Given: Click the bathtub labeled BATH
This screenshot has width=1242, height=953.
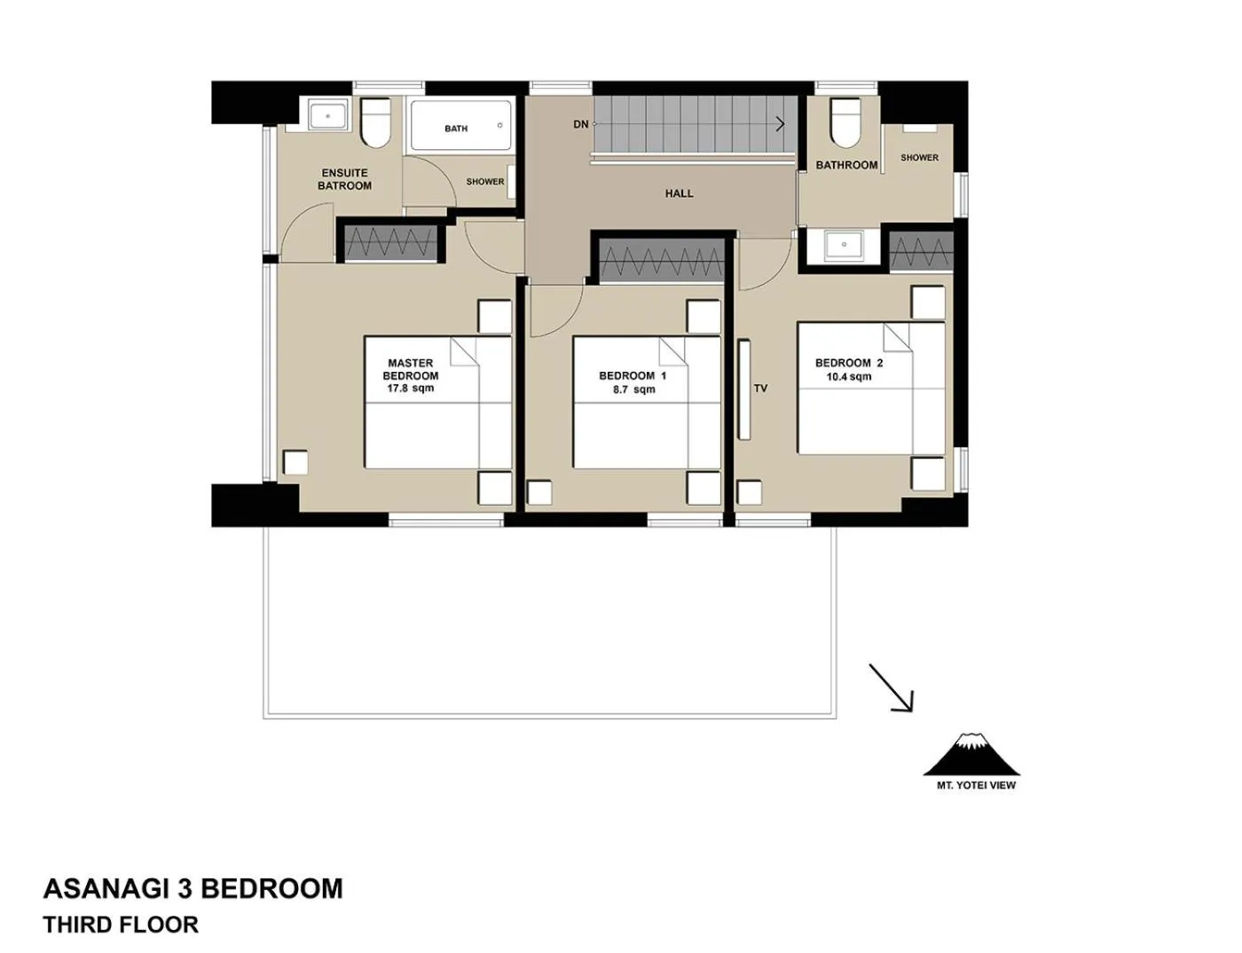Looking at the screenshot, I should [460, 126].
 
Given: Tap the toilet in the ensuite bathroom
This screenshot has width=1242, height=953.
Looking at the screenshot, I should [376, 122].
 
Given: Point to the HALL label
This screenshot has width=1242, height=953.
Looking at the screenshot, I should [679, 193].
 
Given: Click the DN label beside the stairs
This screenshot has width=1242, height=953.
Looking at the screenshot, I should [580, 124].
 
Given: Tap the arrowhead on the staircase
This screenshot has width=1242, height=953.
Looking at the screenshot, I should [780, 124].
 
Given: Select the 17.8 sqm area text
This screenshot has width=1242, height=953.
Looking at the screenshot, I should [411, 388].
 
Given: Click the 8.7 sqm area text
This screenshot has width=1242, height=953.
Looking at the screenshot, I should [633, 389].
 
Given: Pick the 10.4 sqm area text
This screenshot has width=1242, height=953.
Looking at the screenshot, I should [848, 376].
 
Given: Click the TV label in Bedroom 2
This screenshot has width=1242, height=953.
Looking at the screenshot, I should [760, 388].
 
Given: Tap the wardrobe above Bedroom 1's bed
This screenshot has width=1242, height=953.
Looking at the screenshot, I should [662, 261].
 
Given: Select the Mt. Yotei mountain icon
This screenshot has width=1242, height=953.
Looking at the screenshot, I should [972, 754].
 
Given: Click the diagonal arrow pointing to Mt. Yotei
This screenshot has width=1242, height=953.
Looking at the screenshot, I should [891, 688].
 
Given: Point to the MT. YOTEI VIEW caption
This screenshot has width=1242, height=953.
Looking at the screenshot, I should [976, 784].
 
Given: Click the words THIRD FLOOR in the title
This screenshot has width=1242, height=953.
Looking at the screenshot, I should [121, 925].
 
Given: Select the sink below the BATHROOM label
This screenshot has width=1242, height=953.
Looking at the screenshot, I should [844, 245].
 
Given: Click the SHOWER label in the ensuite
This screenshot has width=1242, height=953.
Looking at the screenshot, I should [485, 182].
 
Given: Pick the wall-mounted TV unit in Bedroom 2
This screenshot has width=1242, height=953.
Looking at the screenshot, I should [743, 389].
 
